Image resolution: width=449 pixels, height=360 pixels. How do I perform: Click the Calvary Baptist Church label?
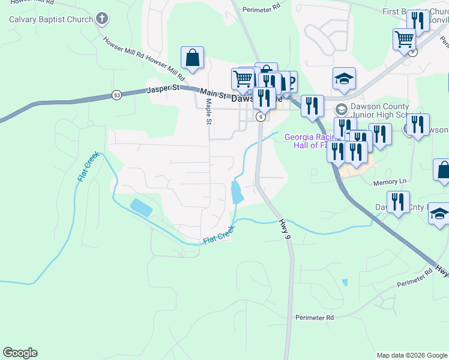click(x=51, y=19)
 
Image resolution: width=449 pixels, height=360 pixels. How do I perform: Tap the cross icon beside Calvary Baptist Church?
click(x=101, y=19)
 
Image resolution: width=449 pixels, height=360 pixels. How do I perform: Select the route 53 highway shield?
click(x=116, y=95)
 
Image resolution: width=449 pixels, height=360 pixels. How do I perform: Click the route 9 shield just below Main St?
click(x=261, y=117)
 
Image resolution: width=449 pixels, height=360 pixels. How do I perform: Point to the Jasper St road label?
click(x=163, y=89)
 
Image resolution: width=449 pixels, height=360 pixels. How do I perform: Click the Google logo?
click(x=20, y=353)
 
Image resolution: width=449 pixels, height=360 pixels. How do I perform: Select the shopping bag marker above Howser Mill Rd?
click(x=192, y=58)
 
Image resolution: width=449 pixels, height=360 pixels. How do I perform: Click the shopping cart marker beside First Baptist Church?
click(x=404, y=40)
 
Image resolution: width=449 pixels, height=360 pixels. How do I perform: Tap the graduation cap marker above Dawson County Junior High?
click(x=345, y=79)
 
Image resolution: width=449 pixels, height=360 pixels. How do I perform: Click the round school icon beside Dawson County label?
click(x=341, y=109)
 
